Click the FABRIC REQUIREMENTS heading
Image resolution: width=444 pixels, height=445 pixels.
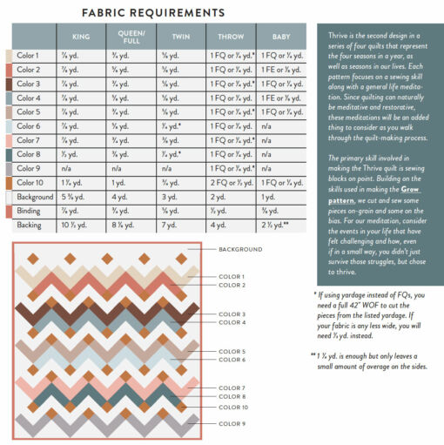point(152,12)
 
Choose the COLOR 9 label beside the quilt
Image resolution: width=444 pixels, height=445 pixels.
point(232,423)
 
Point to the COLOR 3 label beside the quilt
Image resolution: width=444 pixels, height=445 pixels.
point(232,314)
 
